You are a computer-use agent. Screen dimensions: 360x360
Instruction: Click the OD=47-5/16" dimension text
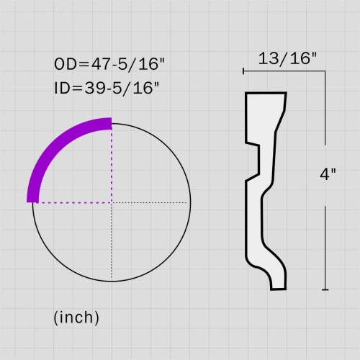click(x=109, y=64)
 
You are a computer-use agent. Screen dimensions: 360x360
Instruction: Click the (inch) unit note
click(x=76, y=317)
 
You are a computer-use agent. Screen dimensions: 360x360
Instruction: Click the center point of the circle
click(x=112, y=202)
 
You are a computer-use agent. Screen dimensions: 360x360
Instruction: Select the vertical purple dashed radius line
click(x=112, y=166)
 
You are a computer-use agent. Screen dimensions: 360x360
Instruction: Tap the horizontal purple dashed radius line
click(x=72, y=202)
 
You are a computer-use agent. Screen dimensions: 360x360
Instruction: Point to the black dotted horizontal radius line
click(x=151, y=202)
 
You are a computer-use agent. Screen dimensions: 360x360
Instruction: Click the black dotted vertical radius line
click(x=112, y=241)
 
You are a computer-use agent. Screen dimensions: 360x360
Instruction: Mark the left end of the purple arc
click(x=31, y=201)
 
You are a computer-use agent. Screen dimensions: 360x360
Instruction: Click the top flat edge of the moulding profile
click(x=266, y=93)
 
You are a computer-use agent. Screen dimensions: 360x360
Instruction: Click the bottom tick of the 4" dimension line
click(x=326, y=289)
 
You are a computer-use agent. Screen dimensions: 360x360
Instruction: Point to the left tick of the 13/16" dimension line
click(x=244, y=71)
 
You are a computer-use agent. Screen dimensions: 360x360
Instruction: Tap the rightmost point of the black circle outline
click(x=191, y=202)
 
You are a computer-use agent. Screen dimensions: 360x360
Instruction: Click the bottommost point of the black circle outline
click(x=112, y=282)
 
